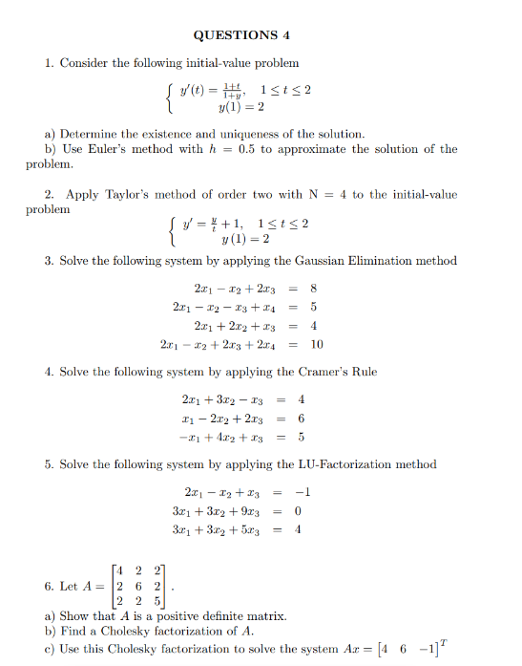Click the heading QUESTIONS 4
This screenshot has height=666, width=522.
[240, 35]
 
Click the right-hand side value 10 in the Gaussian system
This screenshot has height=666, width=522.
[317, 344]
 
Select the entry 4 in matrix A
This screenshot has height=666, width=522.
[122, 570]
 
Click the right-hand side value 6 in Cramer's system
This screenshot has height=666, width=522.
[301, 419]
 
